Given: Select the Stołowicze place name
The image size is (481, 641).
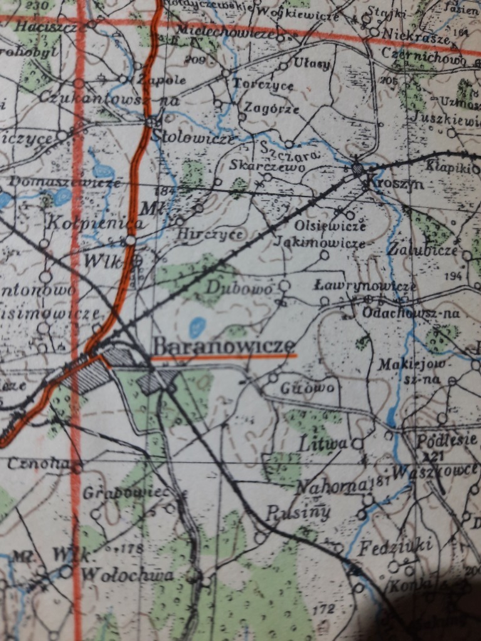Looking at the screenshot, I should tap(194, 138).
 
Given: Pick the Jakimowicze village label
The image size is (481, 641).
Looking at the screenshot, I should tap(319, 242).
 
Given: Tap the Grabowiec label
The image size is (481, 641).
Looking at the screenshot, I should tap(126, 493).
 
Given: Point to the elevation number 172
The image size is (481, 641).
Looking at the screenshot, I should tap(323, 608).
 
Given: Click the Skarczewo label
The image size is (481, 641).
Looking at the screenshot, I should tap(259, 167).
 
